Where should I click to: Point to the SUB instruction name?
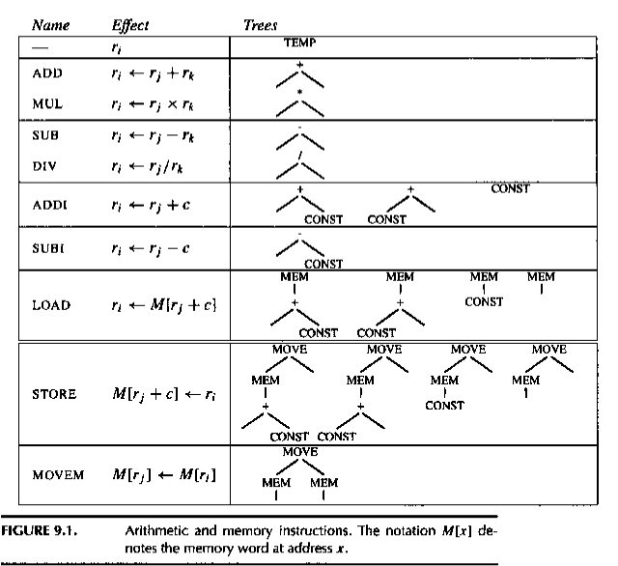tap(45, 136)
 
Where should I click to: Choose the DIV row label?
tap(44, 165)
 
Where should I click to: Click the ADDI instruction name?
tap(48, 205)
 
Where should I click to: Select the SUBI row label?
tap(48, 250)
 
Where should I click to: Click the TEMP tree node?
tap(299, 43)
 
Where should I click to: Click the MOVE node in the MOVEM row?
tap(299, 451)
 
